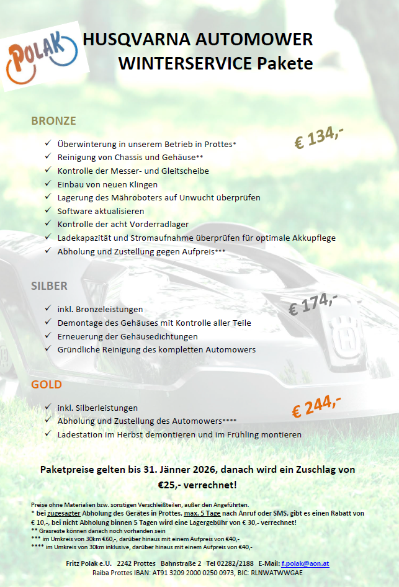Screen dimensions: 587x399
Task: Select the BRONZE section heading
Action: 53,120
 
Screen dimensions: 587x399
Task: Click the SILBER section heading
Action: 49,286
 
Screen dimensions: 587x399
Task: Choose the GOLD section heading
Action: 47,384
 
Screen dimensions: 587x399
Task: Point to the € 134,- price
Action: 318,137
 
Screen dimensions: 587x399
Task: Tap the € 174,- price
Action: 313,303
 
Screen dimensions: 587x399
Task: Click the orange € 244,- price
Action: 316,407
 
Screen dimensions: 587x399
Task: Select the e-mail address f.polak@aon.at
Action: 305,563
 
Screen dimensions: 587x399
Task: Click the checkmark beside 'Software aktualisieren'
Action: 48,211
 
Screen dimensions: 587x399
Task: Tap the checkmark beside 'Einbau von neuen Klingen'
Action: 48,184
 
